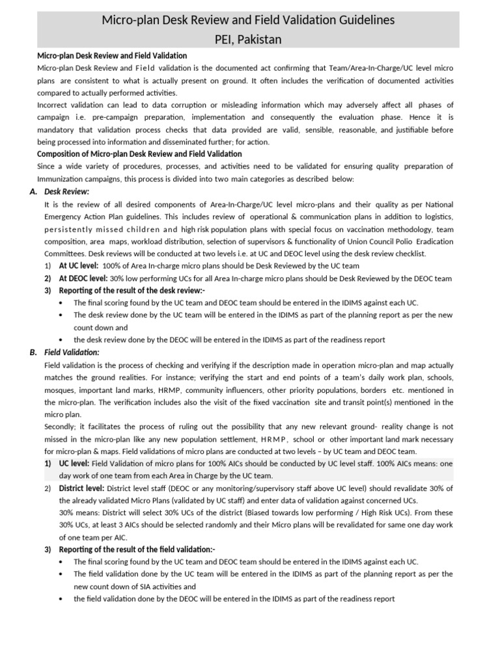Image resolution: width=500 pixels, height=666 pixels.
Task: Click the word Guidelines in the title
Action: pos(362,20)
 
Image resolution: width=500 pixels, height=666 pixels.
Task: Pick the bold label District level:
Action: pos(81,488)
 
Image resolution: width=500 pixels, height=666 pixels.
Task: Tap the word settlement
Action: pos(235,438)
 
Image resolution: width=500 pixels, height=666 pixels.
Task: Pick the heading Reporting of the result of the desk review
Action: pos(132,290)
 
